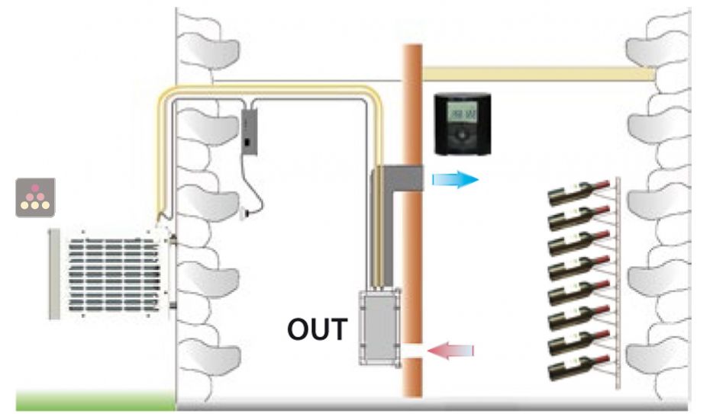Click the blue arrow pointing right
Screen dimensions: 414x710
point(455,180)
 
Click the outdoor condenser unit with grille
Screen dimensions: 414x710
point(111,274)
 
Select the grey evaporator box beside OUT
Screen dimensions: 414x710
point(379,323)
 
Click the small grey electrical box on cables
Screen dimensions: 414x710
point(250,130)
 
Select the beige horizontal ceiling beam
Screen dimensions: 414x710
point(534,73)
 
